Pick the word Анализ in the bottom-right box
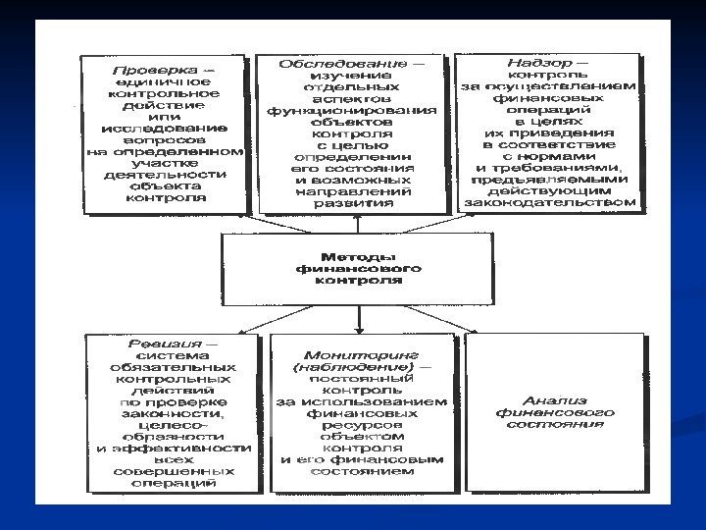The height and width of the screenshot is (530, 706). pyautogui.click(x=555, y=401)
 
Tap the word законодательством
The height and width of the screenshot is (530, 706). pyautogui.click(x=552, y=204)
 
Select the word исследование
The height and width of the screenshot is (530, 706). pyautogui.click(x=166, y=127)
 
